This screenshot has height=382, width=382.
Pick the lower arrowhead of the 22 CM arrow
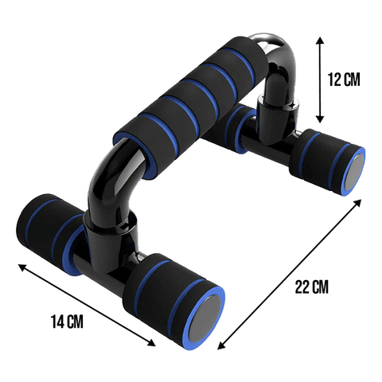click(x=219, y=347)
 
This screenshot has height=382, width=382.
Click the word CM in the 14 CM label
click(x=74, y=322)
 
